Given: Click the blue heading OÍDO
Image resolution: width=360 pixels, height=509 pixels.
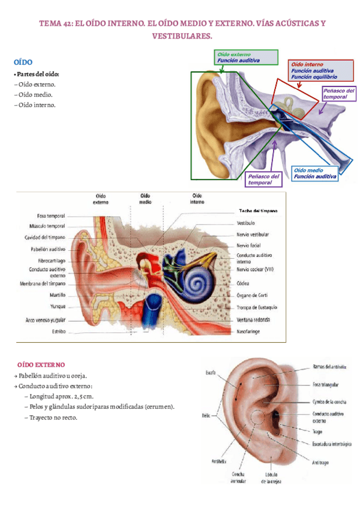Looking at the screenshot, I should pos(23,62).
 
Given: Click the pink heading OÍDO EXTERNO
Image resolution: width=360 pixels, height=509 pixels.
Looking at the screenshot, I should pos(41,365).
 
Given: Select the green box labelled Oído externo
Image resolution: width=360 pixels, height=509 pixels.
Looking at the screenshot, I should pos(247,57).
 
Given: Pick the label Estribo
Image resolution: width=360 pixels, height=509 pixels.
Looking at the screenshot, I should pos(58,331).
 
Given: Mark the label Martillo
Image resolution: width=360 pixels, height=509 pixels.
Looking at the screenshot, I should pos(56,295).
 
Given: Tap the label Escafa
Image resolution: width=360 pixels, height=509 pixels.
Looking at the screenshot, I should pos(210,372).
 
